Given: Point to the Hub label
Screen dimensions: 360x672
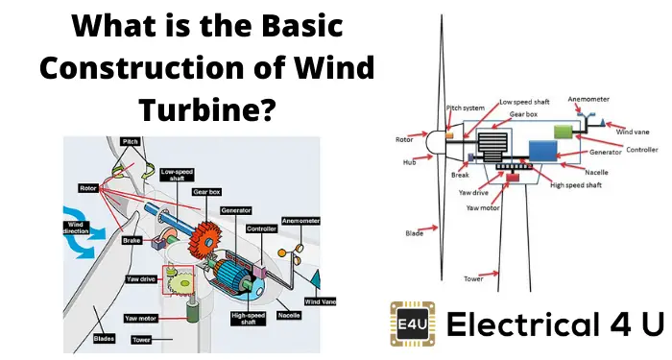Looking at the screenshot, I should pos(409,162).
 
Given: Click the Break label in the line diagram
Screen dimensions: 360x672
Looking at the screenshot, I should pos(459,176).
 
